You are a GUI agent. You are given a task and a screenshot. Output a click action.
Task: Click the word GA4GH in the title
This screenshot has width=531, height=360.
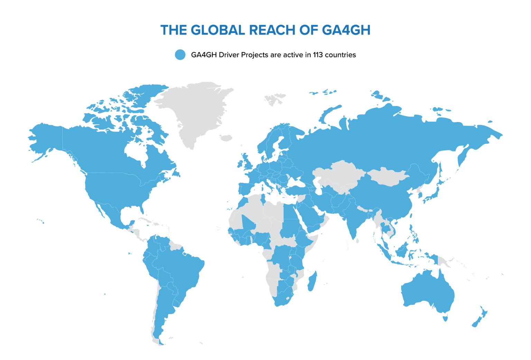(346, 30)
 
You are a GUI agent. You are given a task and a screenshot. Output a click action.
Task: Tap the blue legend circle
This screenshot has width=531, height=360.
(180, 55)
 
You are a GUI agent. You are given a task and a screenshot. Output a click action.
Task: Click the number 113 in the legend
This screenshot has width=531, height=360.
(318, 55)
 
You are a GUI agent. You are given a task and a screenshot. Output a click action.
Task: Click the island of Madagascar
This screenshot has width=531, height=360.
(312, 281)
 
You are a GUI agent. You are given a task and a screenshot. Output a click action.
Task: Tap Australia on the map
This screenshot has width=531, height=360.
(429, 290)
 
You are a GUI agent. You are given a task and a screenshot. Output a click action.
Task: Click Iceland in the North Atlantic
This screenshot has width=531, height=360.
(226, 138)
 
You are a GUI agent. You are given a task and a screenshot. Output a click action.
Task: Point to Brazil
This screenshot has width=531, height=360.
(180, 270)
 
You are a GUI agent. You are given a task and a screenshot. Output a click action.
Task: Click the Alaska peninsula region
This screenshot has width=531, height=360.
(45, 138)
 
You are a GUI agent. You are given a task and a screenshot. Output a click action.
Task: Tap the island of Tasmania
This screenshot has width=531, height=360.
(445, 317)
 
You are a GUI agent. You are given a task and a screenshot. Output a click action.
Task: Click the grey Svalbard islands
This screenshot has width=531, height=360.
(275, 99)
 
